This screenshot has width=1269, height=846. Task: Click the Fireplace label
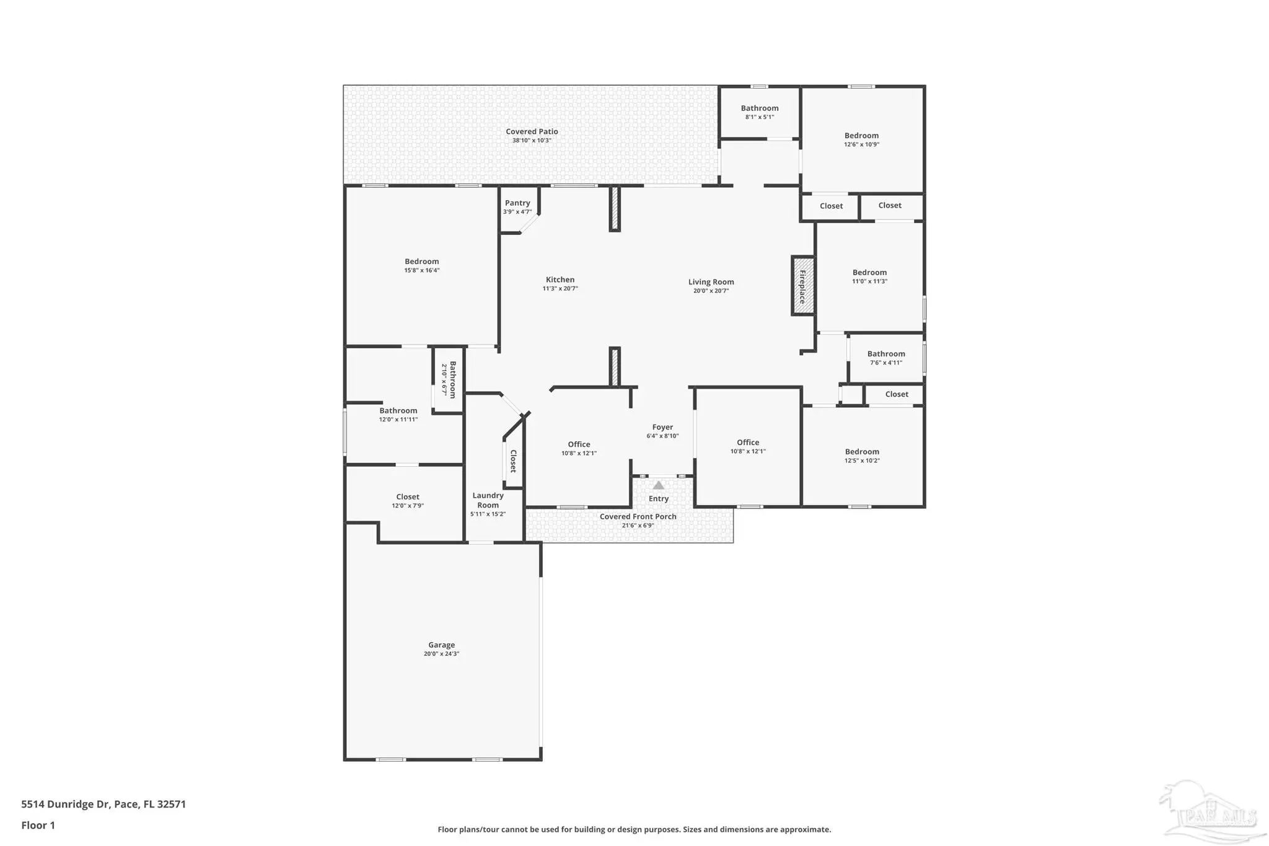coord(802,286)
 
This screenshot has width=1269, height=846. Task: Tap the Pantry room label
coord(517,203)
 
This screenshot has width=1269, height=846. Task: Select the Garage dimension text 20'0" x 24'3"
coord(442,654)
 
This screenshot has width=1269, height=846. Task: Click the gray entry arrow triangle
coord(659,485)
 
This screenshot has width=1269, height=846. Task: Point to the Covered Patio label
coord(532,131)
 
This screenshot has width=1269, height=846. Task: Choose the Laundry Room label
coord(488,500)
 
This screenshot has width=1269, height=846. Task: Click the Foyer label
coord(662,427)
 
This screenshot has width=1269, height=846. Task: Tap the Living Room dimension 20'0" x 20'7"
coord(711,291)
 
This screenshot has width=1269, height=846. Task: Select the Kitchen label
coord(560,280)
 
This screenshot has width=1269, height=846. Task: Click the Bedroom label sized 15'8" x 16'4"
coord(422,262)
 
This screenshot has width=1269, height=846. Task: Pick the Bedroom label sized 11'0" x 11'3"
coord(869,272)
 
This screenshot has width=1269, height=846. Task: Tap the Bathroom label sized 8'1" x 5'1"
coord(760,108)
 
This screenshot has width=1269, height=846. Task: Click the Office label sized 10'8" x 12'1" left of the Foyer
coord(579,444)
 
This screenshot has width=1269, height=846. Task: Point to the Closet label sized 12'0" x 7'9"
coord(408,496)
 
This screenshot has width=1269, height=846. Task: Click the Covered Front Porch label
coord(638,516)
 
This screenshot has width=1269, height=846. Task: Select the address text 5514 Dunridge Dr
coord(66,804)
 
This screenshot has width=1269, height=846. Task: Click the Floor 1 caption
coord(38,825)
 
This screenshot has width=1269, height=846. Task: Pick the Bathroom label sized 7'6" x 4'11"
coord(886,354)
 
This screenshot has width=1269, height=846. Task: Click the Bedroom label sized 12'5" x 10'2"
coord(862,452)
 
